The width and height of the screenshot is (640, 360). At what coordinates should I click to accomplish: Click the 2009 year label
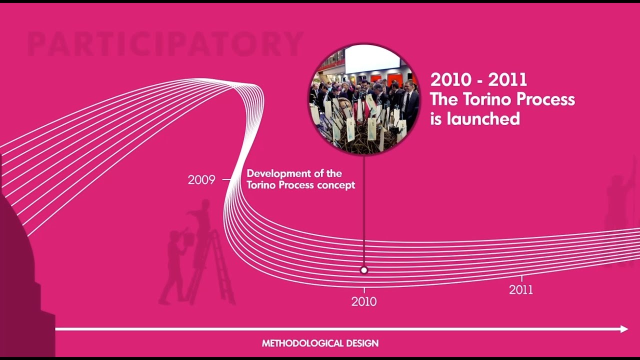[201, 179]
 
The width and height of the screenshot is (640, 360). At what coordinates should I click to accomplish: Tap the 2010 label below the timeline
[364, 301]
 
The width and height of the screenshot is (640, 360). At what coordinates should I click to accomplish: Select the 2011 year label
[521, 289]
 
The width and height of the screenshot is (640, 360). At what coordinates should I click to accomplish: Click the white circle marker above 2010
[364, 270]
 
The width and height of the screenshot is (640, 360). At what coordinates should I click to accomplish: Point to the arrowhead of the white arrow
[624, 329]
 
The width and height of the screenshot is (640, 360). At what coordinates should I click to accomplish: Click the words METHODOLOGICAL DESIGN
[320, 343]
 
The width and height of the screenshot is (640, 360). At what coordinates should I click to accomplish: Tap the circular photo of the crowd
[364, 99]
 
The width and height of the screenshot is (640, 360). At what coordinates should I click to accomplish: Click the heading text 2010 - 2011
[478, 80]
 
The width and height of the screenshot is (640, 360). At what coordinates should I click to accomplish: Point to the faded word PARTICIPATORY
[165, 44]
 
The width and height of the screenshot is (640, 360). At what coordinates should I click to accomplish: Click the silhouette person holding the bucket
[175, 265]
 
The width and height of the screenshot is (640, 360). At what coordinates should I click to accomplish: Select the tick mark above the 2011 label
[521, 278]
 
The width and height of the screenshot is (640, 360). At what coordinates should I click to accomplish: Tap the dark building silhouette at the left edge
[20, 280]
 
